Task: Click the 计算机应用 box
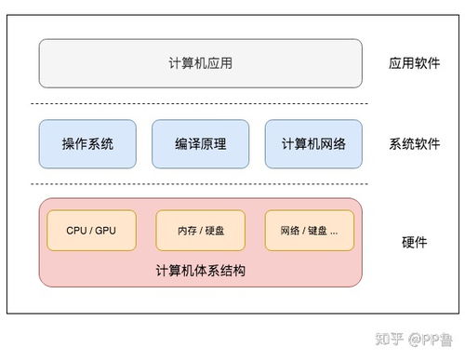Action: coord(200,63)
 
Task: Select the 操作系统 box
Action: coord(87,144)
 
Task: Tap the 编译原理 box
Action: coord(200,144)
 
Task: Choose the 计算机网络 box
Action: coord(313,144)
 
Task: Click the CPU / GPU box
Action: coord(90,230)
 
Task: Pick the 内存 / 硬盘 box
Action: coord(200,230)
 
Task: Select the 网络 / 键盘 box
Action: coord(310,230)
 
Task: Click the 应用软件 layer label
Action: coord(414,64)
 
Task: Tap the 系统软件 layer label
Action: coord(414,144)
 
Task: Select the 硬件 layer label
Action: coord(414,242)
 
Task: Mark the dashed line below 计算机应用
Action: coord(200,103)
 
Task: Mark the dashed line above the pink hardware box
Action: coord(200,184)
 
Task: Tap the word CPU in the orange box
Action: coord(76,230)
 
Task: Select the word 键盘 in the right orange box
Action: coord(316,230)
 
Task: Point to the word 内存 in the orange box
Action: coord(187,230)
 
